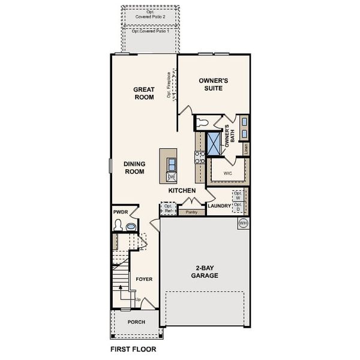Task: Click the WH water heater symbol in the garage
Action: tap(244, 223)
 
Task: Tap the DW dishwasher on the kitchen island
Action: tap(171, 177)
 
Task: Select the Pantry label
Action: tap(192, 212)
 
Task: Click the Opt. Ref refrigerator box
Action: tap(169, 209)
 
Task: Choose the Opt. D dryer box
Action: tap(238, 207)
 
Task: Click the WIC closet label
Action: tap(227, 173)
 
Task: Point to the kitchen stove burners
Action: tap(200, 157)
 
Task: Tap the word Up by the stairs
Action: tap(137, 299)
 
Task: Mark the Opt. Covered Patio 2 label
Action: tap(151, 14)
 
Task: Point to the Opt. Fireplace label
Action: tap(169, 85)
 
